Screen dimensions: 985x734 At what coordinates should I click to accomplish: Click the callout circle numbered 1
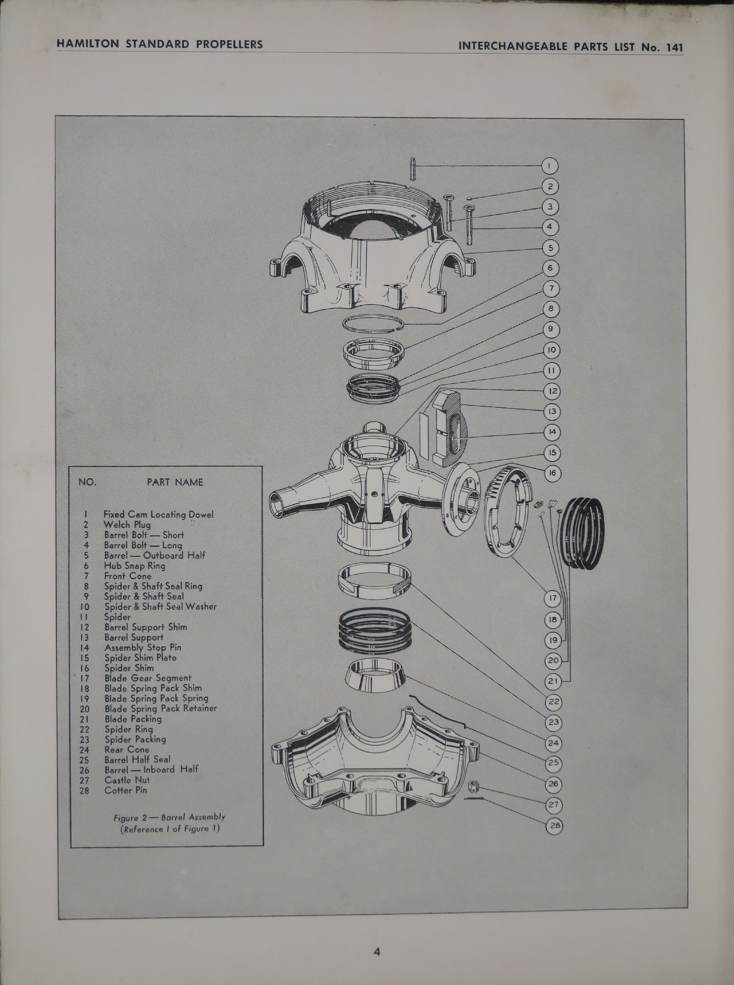[x=549, y=166]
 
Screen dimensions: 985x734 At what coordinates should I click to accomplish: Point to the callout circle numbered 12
[x=552, y=391]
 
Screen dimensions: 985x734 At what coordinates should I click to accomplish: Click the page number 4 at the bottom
[x=377, y=952]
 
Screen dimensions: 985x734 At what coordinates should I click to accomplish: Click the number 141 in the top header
[x=674, y=47]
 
